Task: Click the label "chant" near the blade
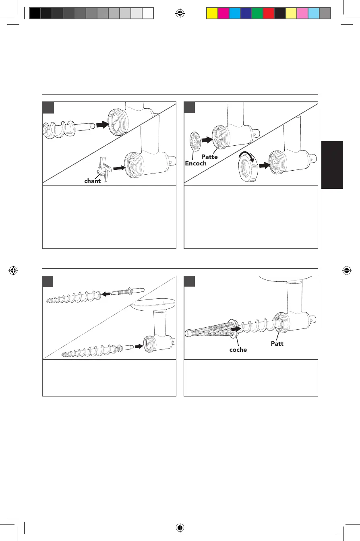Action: (92, 181)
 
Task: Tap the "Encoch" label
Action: (196, 164)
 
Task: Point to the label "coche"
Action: (238, 350)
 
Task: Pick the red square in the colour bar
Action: (268, 14)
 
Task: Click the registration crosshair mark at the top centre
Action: (180, 14)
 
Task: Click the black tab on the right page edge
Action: (332, 165)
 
